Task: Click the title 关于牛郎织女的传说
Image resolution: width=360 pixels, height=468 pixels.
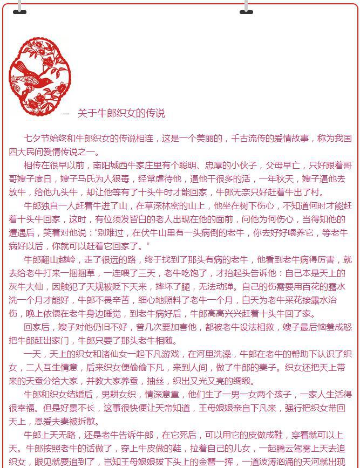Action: (x=121, y=113)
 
